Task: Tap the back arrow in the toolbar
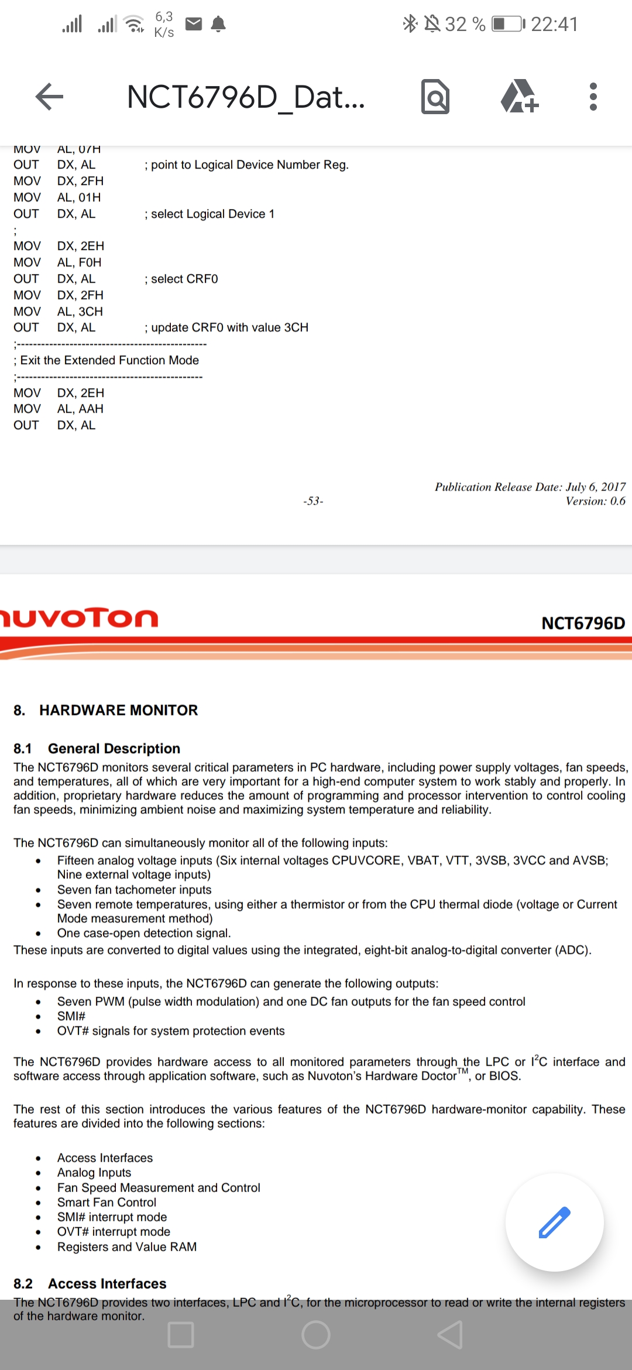point(49,97)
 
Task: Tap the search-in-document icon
point(435,97)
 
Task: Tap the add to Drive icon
point(519,97)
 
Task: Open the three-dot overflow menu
point(593,97)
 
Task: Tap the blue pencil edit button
point(554,1222)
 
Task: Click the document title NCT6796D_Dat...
point(246,97)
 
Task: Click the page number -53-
point(313,501)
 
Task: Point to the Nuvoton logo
point(79,618)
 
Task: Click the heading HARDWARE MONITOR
point(118,710)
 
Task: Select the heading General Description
point(114,748)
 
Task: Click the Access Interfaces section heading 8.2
point(107,1283)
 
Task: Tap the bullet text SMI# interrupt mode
point(112,1217)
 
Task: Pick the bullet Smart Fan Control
point(107,1202)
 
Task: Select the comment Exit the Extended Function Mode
point(109,360)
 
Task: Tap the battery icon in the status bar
point(507,24)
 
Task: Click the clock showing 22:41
point(554,24)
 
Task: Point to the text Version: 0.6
point(595,501)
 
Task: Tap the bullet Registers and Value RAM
point(126,1246)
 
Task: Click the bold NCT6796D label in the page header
point(583,623)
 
